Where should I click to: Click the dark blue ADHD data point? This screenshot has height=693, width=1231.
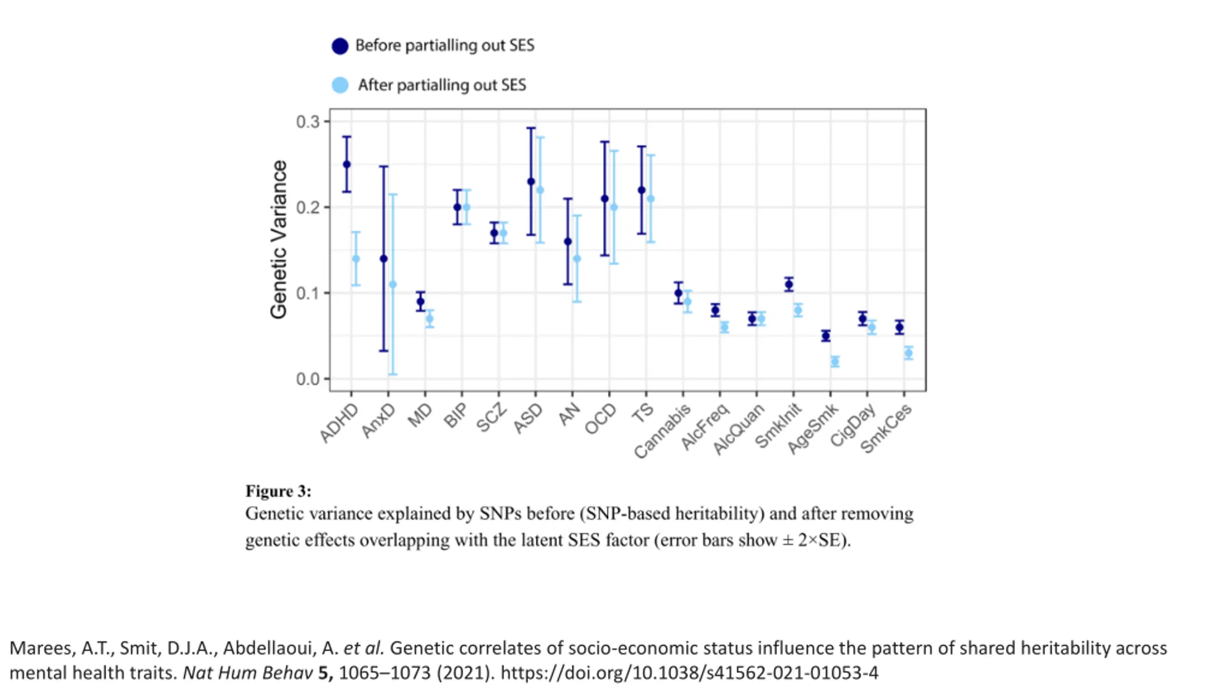347,164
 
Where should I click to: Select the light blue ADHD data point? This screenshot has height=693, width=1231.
356,259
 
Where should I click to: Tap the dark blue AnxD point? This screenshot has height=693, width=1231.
384,259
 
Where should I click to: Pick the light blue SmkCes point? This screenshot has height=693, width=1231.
908,353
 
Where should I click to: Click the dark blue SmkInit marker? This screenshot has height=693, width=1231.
789,284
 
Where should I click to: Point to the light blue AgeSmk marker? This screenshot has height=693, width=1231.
835,362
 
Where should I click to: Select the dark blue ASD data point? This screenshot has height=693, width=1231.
531,181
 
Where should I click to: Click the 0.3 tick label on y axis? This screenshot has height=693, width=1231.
308,122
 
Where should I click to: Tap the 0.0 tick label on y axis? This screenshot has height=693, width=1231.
308,379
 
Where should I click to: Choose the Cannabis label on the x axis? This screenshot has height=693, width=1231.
663,431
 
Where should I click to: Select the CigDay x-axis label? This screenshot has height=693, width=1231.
853,425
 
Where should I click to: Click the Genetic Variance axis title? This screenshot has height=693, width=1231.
278,239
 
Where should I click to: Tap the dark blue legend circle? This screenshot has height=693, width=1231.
340,46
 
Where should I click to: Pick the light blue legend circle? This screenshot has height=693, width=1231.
340,85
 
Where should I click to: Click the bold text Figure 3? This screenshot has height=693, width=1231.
278,491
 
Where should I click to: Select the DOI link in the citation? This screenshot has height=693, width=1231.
690,673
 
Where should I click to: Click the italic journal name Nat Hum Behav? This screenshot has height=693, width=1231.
248,673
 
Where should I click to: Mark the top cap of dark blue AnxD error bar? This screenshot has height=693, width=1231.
384,167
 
